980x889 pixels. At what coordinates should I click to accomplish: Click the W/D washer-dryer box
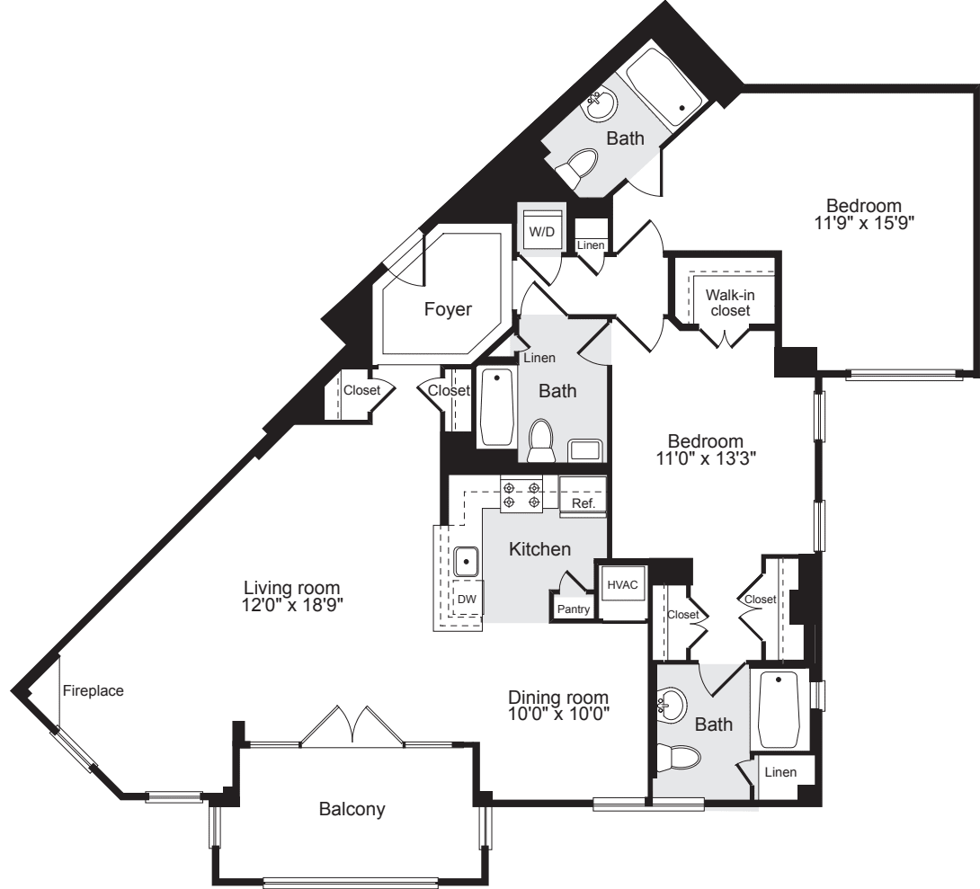pos(541,232)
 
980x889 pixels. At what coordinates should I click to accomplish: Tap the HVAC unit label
pos(622,585)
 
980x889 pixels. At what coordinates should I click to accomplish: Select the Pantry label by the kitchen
pos(573,609)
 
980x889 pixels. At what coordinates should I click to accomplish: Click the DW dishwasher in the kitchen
pos(467,599)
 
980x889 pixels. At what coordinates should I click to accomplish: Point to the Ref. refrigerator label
pos(584,502)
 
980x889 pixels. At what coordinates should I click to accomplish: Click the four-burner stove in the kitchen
pos(521,493)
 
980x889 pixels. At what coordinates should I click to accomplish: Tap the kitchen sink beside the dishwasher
pos(466,561)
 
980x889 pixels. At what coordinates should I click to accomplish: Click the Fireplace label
pos(94,690)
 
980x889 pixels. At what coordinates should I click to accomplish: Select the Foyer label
pos(448,309)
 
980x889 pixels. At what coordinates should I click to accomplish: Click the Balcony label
pos(352,809)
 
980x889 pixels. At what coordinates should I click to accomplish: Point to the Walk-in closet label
pos(730,302)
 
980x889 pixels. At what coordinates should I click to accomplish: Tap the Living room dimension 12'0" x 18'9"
pos(292,605)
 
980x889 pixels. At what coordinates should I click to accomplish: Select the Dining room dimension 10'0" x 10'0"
pos(558,714)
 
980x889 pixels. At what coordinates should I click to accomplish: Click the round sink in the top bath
pos(601,105)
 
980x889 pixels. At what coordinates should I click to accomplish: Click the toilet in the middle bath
pos(541,440)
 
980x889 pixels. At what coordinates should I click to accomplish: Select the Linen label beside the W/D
pos(591,244)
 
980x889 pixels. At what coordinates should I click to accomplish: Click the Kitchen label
pos(540,549)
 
